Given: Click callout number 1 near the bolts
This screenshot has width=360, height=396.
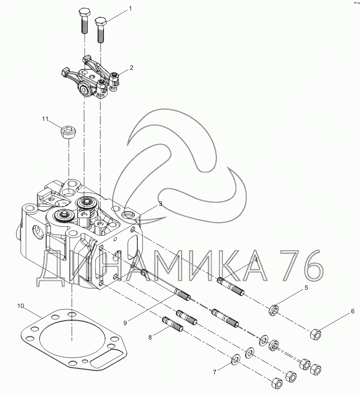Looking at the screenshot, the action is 130,8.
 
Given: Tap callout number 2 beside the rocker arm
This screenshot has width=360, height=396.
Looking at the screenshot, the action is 131,67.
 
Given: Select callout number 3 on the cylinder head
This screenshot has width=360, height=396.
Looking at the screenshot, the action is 160,204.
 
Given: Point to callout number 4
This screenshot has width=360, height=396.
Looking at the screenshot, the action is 256,260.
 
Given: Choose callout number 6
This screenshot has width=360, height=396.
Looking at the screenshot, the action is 352,312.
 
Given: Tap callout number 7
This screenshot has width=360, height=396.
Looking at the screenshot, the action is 215,372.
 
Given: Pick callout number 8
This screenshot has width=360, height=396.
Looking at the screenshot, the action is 150,338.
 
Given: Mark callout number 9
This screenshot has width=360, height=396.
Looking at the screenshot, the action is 125,323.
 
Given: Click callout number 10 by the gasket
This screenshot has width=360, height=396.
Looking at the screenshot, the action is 20,306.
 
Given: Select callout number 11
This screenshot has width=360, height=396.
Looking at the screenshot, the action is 45,119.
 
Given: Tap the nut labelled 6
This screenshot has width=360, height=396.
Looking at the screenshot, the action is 315,335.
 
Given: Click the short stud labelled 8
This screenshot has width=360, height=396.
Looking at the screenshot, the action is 173,324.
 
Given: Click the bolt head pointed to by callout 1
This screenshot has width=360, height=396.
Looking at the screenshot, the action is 100,21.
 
